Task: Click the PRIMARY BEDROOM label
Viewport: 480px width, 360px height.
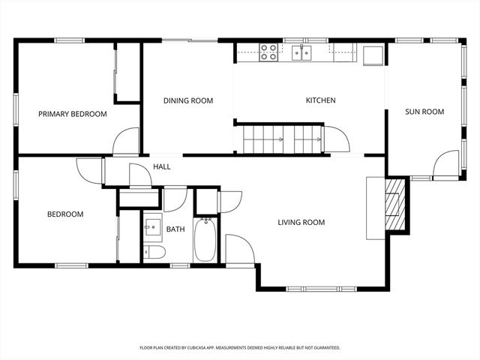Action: (73, 114)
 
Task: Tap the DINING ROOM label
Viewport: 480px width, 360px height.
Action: (188, 100)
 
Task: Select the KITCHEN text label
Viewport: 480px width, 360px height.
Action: (320, 100)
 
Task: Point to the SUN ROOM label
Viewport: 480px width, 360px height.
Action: (424, 112)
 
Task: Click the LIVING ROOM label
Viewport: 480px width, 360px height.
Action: (301, 222)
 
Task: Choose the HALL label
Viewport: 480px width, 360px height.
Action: (161, 166)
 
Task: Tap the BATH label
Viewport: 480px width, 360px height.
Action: (175, 229)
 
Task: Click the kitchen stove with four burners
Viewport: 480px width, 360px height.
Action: (269, 52)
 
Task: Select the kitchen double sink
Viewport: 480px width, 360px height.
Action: (302, 52)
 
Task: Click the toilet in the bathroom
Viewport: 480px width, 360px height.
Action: (154, 251)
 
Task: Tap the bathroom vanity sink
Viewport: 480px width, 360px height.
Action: (154, 225)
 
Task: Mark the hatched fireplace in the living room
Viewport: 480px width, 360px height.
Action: (392, 204)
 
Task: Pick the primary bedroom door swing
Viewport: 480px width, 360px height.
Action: (127, 142)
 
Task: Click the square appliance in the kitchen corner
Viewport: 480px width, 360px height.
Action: (373, 54)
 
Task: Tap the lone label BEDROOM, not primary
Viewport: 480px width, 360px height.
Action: (65, 214)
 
